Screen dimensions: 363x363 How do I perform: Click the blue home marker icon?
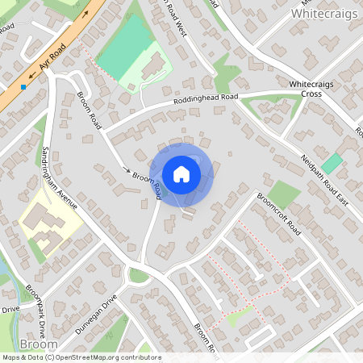pos(181,174)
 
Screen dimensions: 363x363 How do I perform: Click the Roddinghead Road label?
pos(205,102)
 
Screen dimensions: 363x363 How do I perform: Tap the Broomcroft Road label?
pos(278,214)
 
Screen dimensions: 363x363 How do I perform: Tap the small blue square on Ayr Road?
pos(23,86)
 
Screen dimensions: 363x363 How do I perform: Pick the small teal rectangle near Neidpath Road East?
pos(332,162)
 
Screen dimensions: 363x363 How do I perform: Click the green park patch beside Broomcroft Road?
pos(283,194)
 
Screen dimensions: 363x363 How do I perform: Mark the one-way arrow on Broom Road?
pos(126,170)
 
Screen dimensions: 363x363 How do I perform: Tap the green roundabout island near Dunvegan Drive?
pos(139,275)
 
